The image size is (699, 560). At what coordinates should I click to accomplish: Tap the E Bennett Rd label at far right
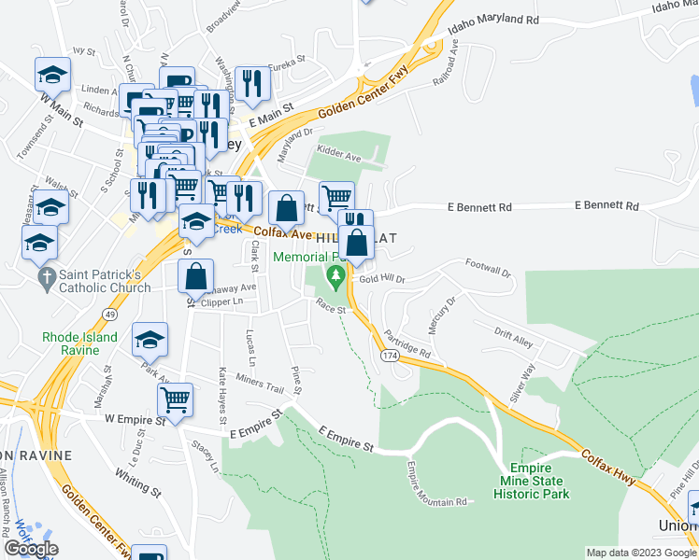[606, 205]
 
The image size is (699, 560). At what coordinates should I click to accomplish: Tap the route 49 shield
[110, 315]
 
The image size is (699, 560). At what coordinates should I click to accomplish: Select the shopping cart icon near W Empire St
[175, 400]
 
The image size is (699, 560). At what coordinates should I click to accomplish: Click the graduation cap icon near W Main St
[53, 75]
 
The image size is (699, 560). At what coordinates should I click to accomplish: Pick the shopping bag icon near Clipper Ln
[195, 276]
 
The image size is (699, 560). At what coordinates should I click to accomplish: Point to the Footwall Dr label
[489, 269]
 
